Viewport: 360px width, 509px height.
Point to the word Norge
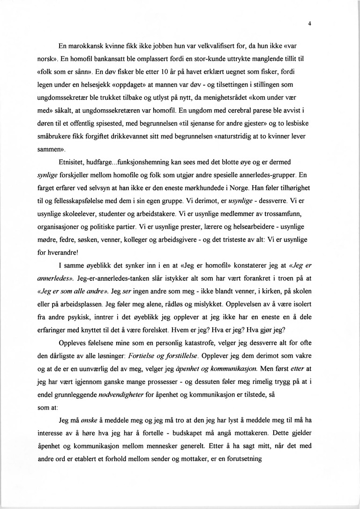tap(278, 188)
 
